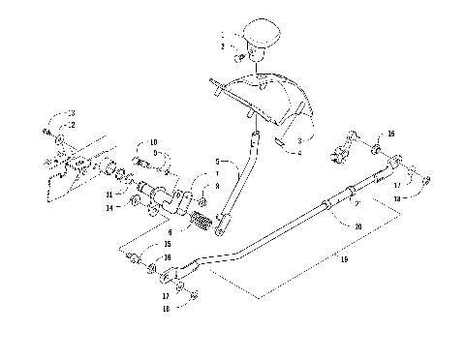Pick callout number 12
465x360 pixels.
69,125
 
